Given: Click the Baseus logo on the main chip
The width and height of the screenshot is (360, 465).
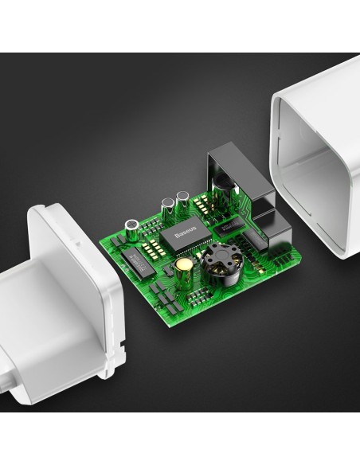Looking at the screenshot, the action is pos(186,232).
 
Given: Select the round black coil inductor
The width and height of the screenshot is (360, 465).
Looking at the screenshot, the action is pos(219,265).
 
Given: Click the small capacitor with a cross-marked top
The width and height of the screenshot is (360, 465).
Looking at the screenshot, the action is pos(132,230).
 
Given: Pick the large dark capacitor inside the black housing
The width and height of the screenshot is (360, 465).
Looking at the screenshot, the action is pos(224,190).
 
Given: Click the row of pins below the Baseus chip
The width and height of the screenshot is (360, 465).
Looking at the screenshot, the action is pos(190,250).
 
